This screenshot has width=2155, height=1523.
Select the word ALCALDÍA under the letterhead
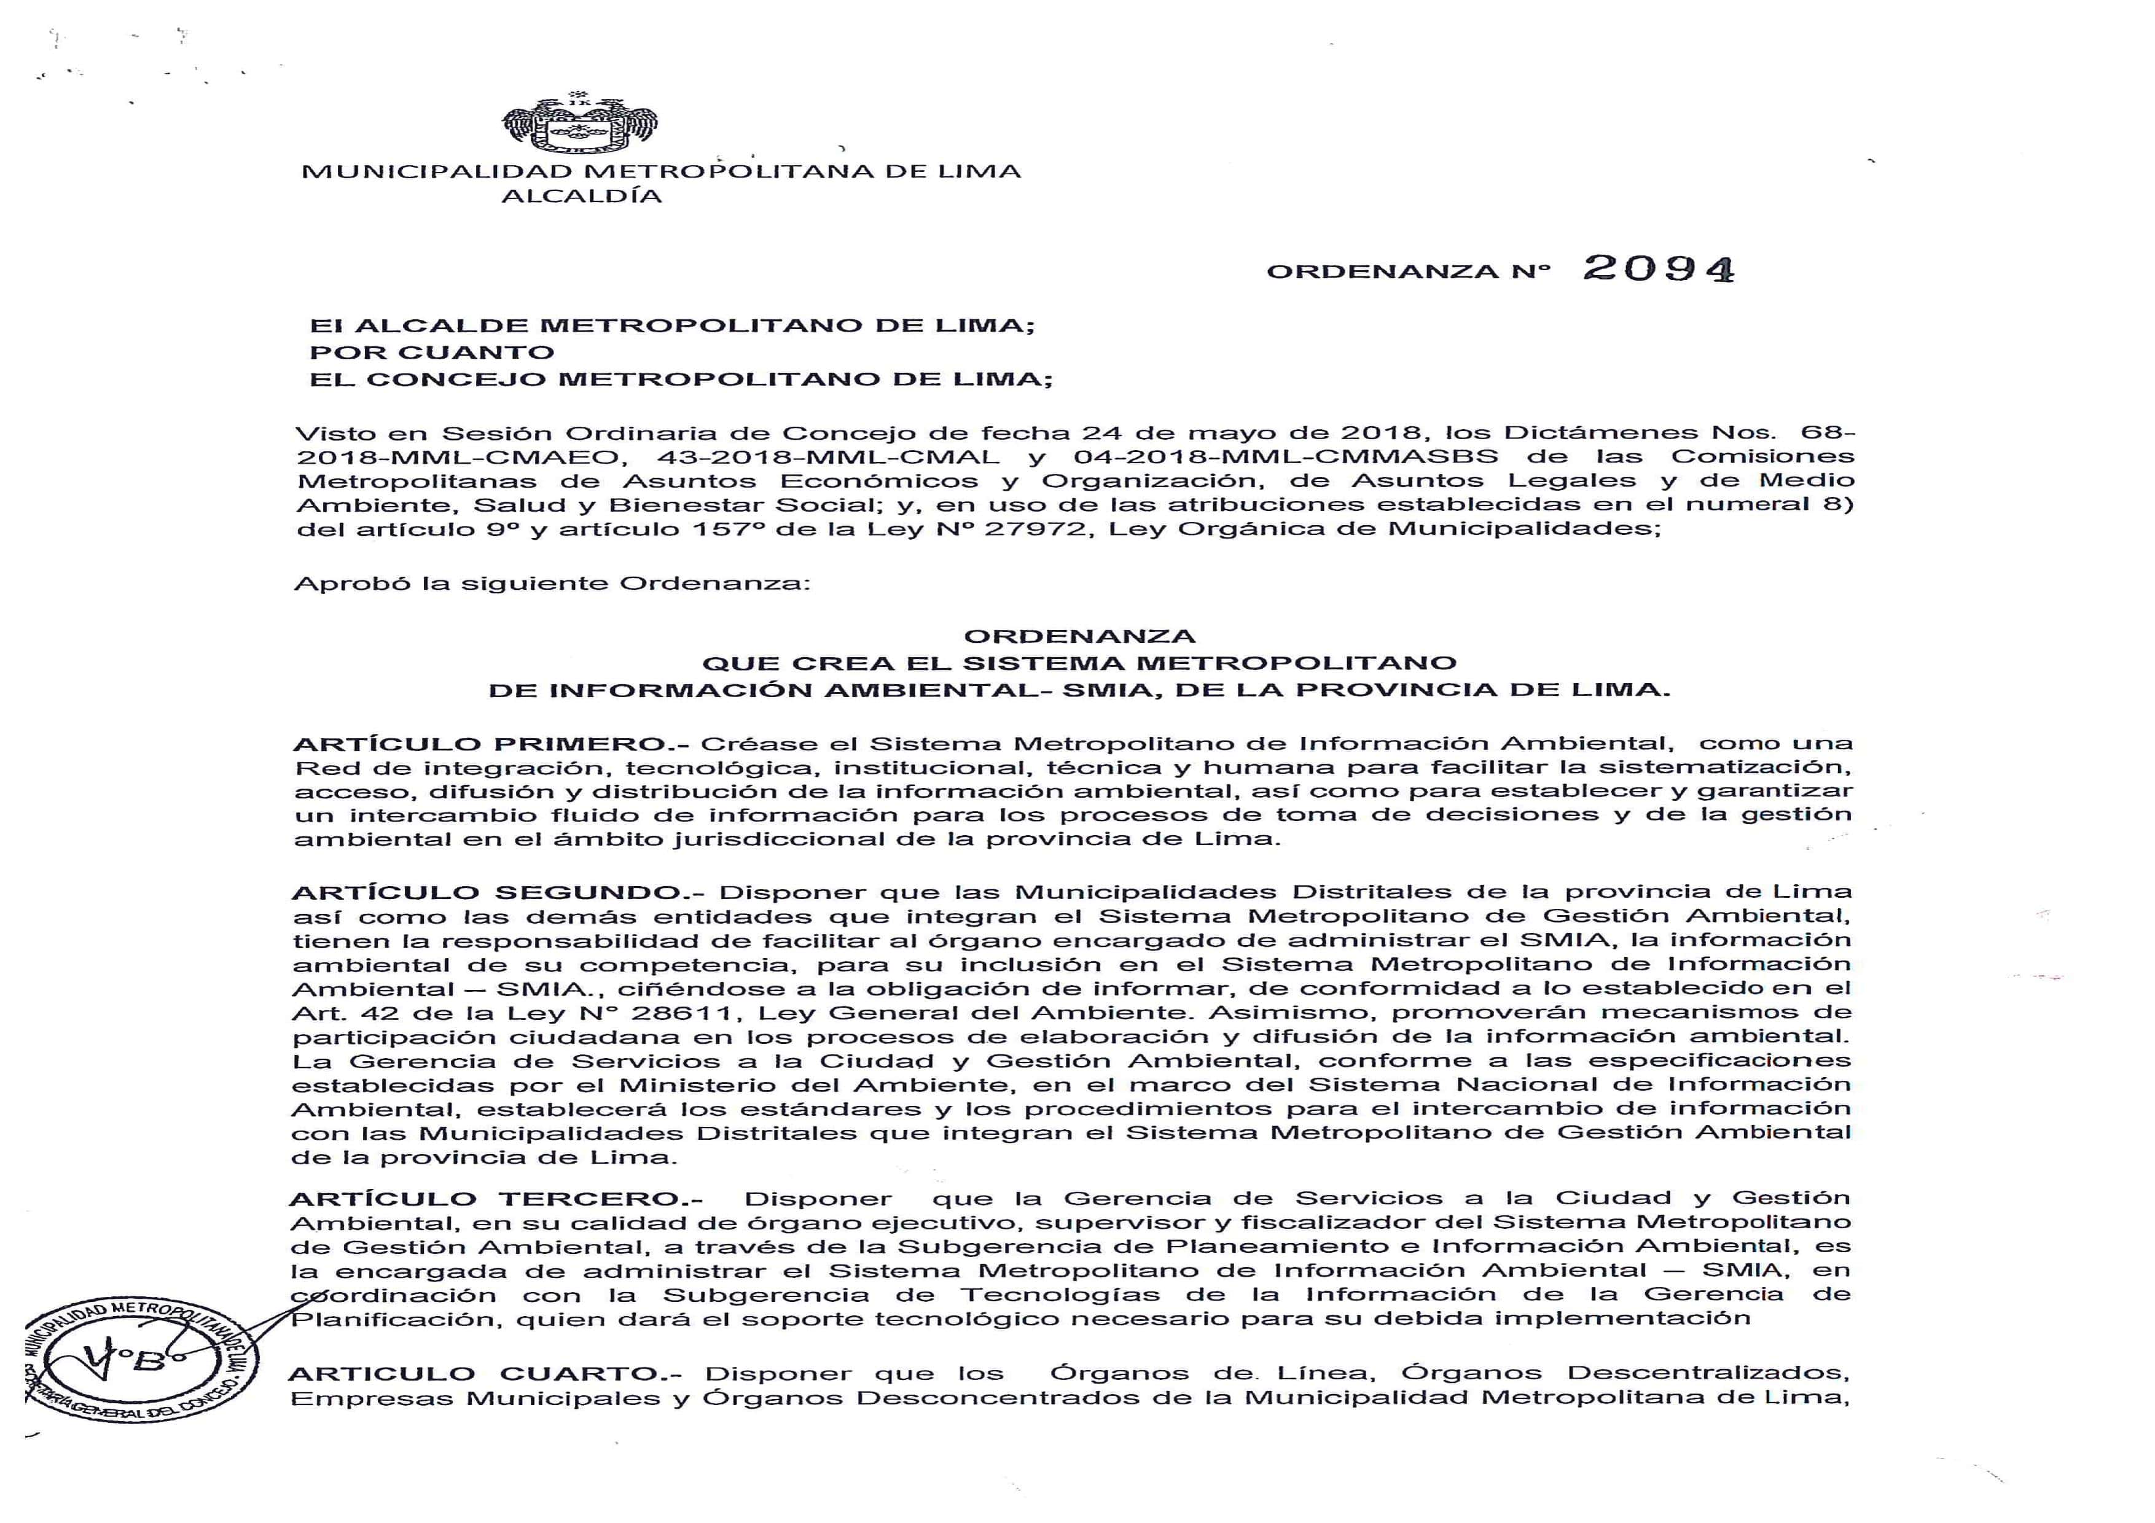[x=582, y=196]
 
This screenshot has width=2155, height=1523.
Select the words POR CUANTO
[x=432, y=353]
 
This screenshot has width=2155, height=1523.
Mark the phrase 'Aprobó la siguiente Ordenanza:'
[x=552, y=583]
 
